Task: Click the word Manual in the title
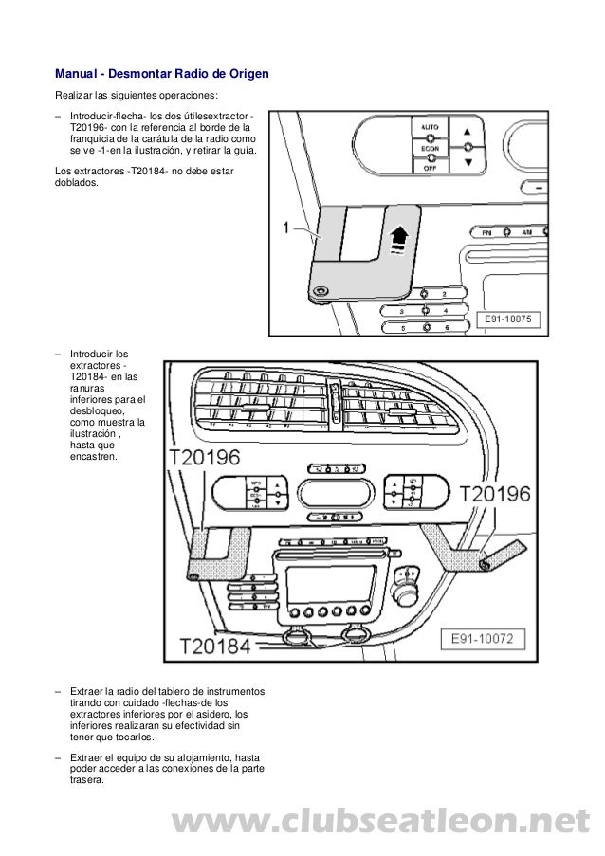(78, 74)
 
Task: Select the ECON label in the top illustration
(430, 148)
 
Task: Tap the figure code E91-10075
(512, 319)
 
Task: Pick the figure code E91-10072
(481, 639)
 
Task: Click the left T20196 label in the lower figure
(205, 458)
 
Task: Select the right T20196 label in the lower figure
(495, 494)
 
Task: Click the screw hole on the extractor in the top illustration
(321, 292)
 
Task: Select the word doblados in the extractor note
(77, 185)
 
